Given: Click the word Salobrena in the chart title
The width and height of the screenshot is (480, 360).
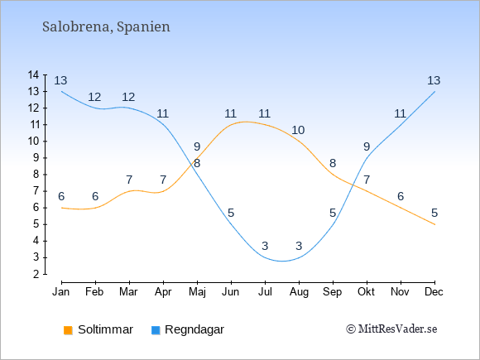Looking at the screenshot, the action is point(75,26).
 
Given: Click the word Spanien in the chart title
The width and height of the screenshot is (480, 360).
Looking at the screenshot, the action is point(143,27).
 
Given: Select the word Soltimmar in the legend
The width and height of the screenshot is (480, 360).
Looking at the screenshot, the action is point(105,329).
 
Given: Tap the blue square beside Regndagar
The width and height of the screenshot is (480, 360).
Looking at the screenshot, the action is point(156,330).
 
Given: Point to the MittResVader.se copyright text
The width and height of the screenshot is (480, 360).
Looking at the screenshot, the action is point(391,329).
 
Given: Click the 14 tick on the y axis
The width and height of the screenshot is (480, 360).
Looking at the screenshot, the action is point(33,74).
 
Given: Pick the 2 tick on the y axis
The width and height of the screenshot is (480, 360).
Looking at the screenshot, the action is point(36,274).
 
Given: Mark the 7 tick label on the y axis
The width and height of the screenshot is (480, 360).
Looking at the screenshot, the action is point(36,191).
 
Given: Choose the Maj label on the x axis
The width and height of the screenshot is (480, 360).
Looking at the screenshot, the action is point(197,292).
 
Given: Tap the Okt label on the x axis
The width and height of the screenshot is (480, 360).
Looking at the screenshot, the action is point(367,292).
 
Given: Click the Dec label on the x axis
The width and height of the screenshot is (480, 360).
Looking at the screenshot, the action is point(434,292).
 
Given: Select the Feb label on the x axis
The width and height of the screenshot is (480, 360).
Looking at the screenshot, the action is point(94,292).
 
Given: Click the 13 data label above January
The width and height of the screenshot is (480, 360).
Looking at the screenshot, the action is point(60,80).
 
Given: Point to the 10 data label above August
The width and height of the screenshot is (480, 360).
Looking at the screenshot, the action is point(298,130).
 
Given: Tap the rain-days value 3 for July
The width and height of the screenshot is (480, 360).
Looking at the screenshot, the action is point(265,246).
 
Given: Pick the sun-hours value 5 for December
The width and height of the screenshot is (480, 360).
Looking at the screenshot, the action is point(434,213).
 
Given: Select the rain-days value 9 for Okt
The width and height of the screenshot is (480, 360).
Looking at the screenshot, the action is point(367,146).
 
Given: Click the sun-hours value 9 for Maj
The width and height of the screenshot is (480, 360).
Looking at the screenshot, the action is point(197,146).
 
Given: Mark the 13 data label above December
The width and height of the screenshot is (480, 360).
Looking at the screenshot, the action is point(434,80).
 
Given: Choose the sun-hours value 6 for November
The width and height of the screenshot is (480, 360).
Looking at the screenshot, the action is point(401,196).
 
